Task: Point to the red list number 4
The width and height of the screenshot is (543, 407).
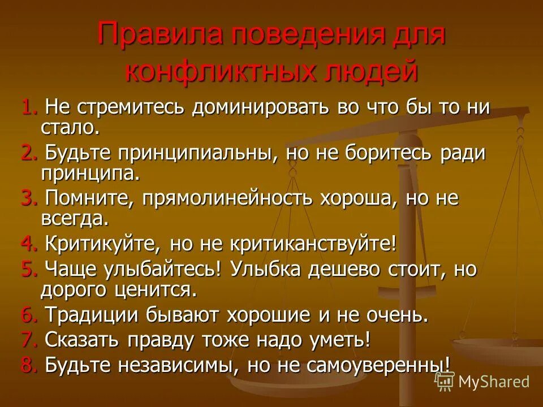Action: (x=28, y=245)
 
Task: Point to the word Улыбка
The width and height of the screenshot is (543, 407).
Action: (x=265, y=270)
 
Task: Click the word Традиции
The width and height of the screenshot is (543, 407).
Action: (x=96, y=315)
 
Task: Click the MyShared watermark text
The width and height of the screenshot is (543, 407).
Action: (x=494, y=382)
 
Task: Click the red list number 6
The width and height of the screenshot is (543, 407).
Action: (x=28, y=315)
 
